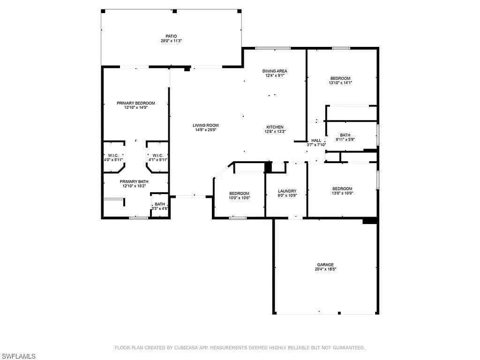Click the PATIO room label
tap(171, 36)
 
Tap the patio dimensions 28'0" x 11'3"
tap(171, 41)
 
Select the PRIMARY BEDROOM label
tap(135, 103)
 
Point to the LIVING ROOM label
tap(206, 125)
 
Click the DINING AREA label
tap(275, 71)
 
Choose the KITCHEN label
tap(275, 127)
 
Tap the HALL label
tap(316, 141)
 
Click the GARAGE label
tap(325, 265)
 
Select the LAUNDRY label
tap(287, 191)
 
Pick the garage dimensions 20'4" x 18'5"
tap(325, 270)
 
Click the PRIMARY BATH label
tap(134, 181)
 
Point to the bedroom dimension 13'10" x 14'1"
tap(340, 82)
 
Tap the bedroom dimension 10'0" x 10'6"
tap(240, 198)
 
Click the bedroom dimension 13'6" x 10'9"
tap(342, 193)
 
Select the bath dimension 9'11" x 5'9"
tap(345, 140)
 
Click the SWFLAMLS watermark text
tap(18, 356)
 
